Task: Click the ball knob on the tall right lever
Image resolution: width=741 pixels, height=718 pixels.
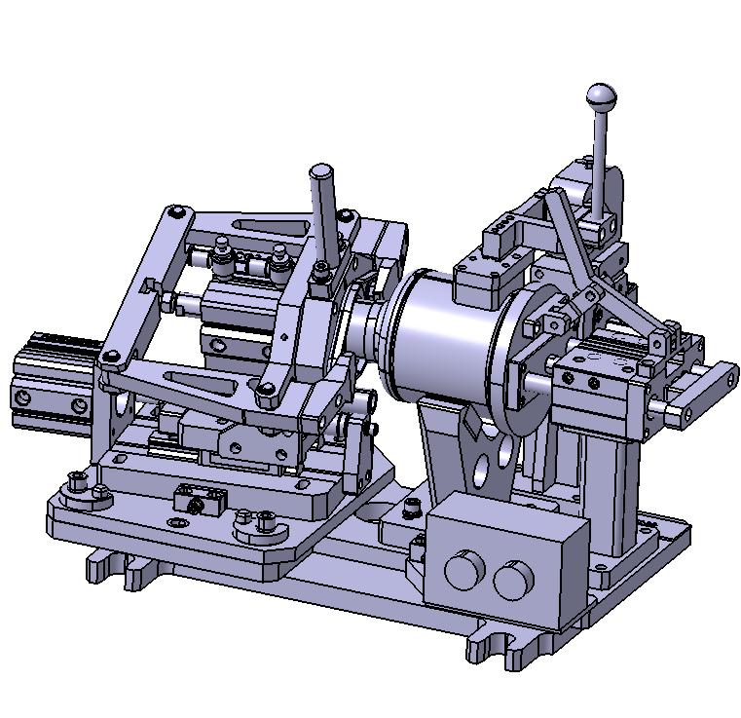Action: tap(602, 95)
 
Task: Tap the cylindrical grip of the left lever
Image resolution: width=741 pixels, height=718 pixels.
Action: tap(322, 200)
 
